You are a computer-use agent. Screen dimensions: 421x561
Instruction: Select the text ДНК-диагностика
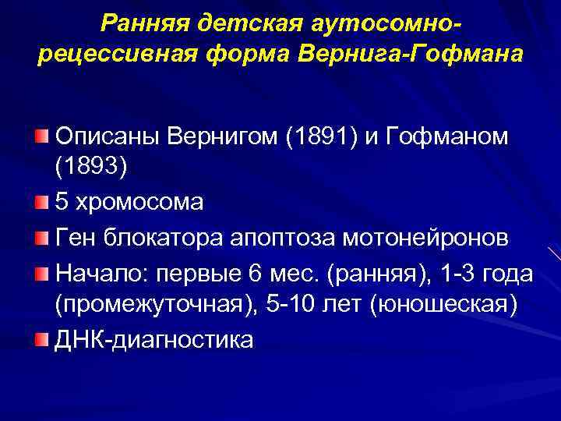[x=153, y=340]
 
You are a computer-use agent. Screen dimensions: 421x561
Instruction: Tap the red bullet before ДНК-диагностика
[x=42, y=339]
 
